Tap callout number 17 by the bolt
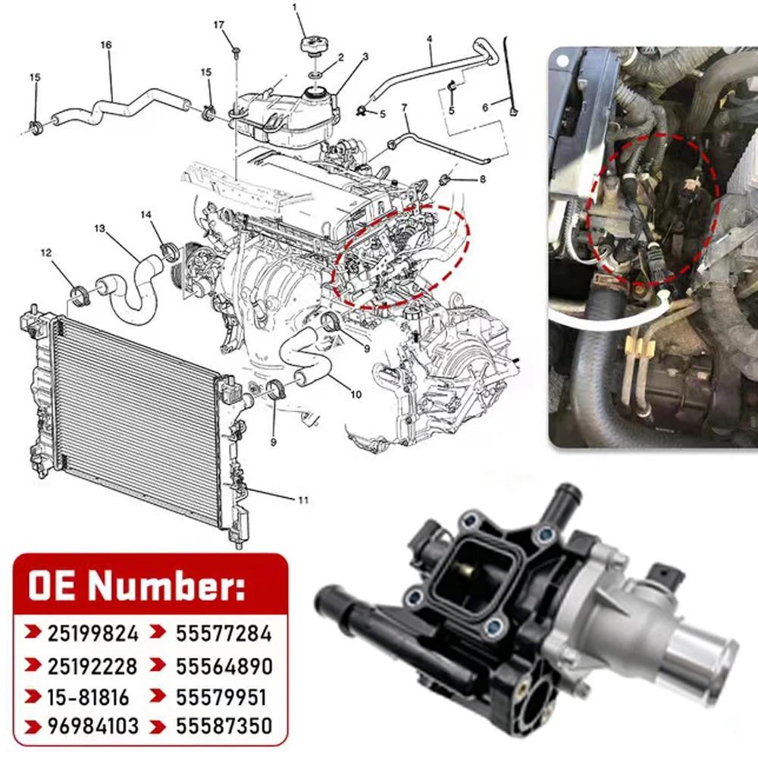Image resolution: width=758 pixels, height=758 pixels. coord(219,25)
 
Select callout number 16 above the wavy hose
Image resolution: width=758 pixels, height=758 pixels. coord(106,45)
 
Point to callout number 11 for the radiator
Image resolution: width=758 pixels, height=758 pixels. coord(302,500)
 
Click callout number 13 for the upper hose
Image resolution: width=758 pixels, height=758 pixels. coord(99,228)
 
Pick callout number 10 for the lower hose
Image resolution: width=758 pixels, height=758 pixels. coord(356,394)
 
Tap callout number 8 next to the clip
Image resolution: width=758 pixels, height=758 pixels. coord(482,180)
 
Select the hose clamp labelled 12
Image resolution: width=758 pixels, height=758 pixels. coord(80,295)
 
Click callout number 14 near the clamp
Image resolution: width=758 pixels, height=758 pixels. coord(146,215)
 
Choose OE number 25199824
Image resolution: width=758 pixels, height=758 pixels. coord(92,633)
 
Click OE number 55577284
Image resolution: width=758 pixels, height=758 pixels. coord(224,633)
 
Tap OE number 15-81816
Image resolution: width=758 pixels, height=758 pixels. coord(89,697)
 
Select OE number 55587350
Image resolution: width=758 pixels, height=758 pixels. coord(224,726)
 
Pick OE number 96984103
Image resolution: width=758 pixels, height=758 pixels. coord(92,726)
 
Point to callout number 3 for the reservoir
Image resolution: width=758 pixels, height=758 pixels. coord(365,57)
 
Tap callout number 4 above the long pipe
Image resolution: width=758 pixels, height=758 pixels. coord(429,39)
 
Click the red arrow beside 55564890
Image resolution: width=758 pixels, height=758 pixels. coord(158,666)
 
